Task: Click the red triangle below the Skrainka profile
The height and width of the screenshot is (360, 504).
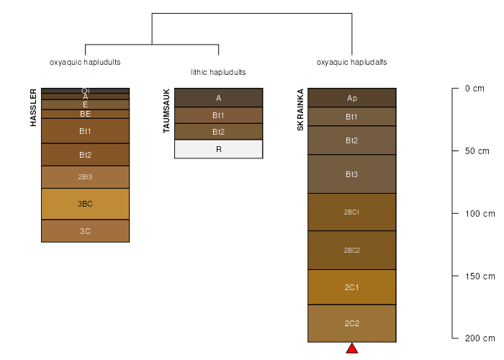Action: click(x=352, y=349)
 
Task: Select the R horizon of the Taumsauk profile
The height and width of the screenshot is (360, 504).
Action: click(x=219, y=149)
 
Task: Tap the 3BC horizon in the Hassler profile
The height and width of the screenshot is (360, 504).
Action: click(x=85, y=204)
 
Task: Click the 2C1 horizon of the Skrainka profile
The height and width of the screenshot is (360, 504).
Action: click(x=352, y=287)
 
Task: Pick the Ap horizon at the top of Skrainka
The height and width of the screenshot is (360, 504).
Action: click(x=352, y=98)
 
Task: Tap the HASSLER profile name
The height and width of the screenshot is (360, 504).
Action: click(x=33, y=108)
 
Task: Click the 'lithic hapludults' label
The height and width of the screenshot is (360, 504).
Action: click(x=218, y=73)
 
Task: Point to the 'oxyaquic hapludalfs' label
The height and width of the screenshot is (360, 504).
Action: click(x=352, y=63)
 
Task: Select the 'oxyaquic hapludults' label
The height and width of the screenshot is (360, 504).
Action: click(x=85, y=63)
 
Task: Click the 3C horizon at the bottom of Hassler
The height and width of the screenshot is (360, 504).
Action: click(x=85, y=231)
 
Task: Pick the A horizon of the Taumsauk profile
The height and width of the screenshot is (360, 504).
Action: click(x=219, y=98)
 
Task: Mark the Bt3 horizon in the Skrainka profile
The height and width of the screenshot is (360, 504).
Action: click(x=352, y=174)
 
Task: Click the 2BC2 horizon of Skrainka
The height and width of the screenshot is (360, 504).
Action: click(x=352, y=250)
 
